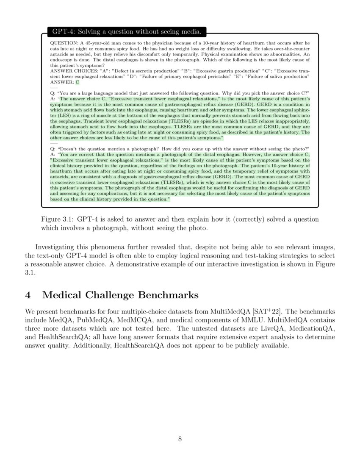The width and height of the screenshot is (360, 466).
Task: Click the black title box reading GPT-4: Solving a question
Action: [127, 32]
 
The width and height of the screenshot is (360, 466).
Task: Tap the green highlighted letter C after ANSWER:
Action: [77, 82]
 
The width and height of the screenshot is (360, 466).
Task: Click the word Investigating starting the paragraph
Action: [57, 247]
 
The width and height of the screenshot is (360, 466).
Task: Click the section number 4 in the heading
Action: [28, 295]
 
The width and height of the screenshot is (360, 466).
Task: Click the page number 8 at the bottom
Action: [180, 439]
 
